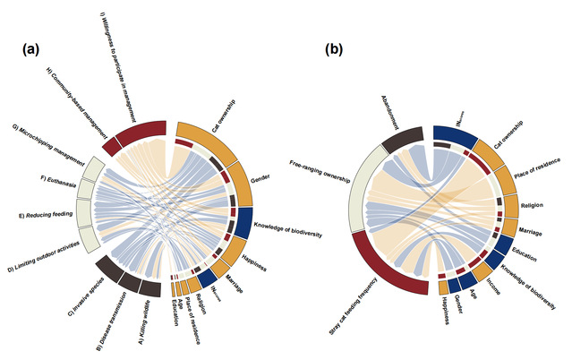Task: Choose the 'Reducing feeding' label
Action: (x=46, y=215)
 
